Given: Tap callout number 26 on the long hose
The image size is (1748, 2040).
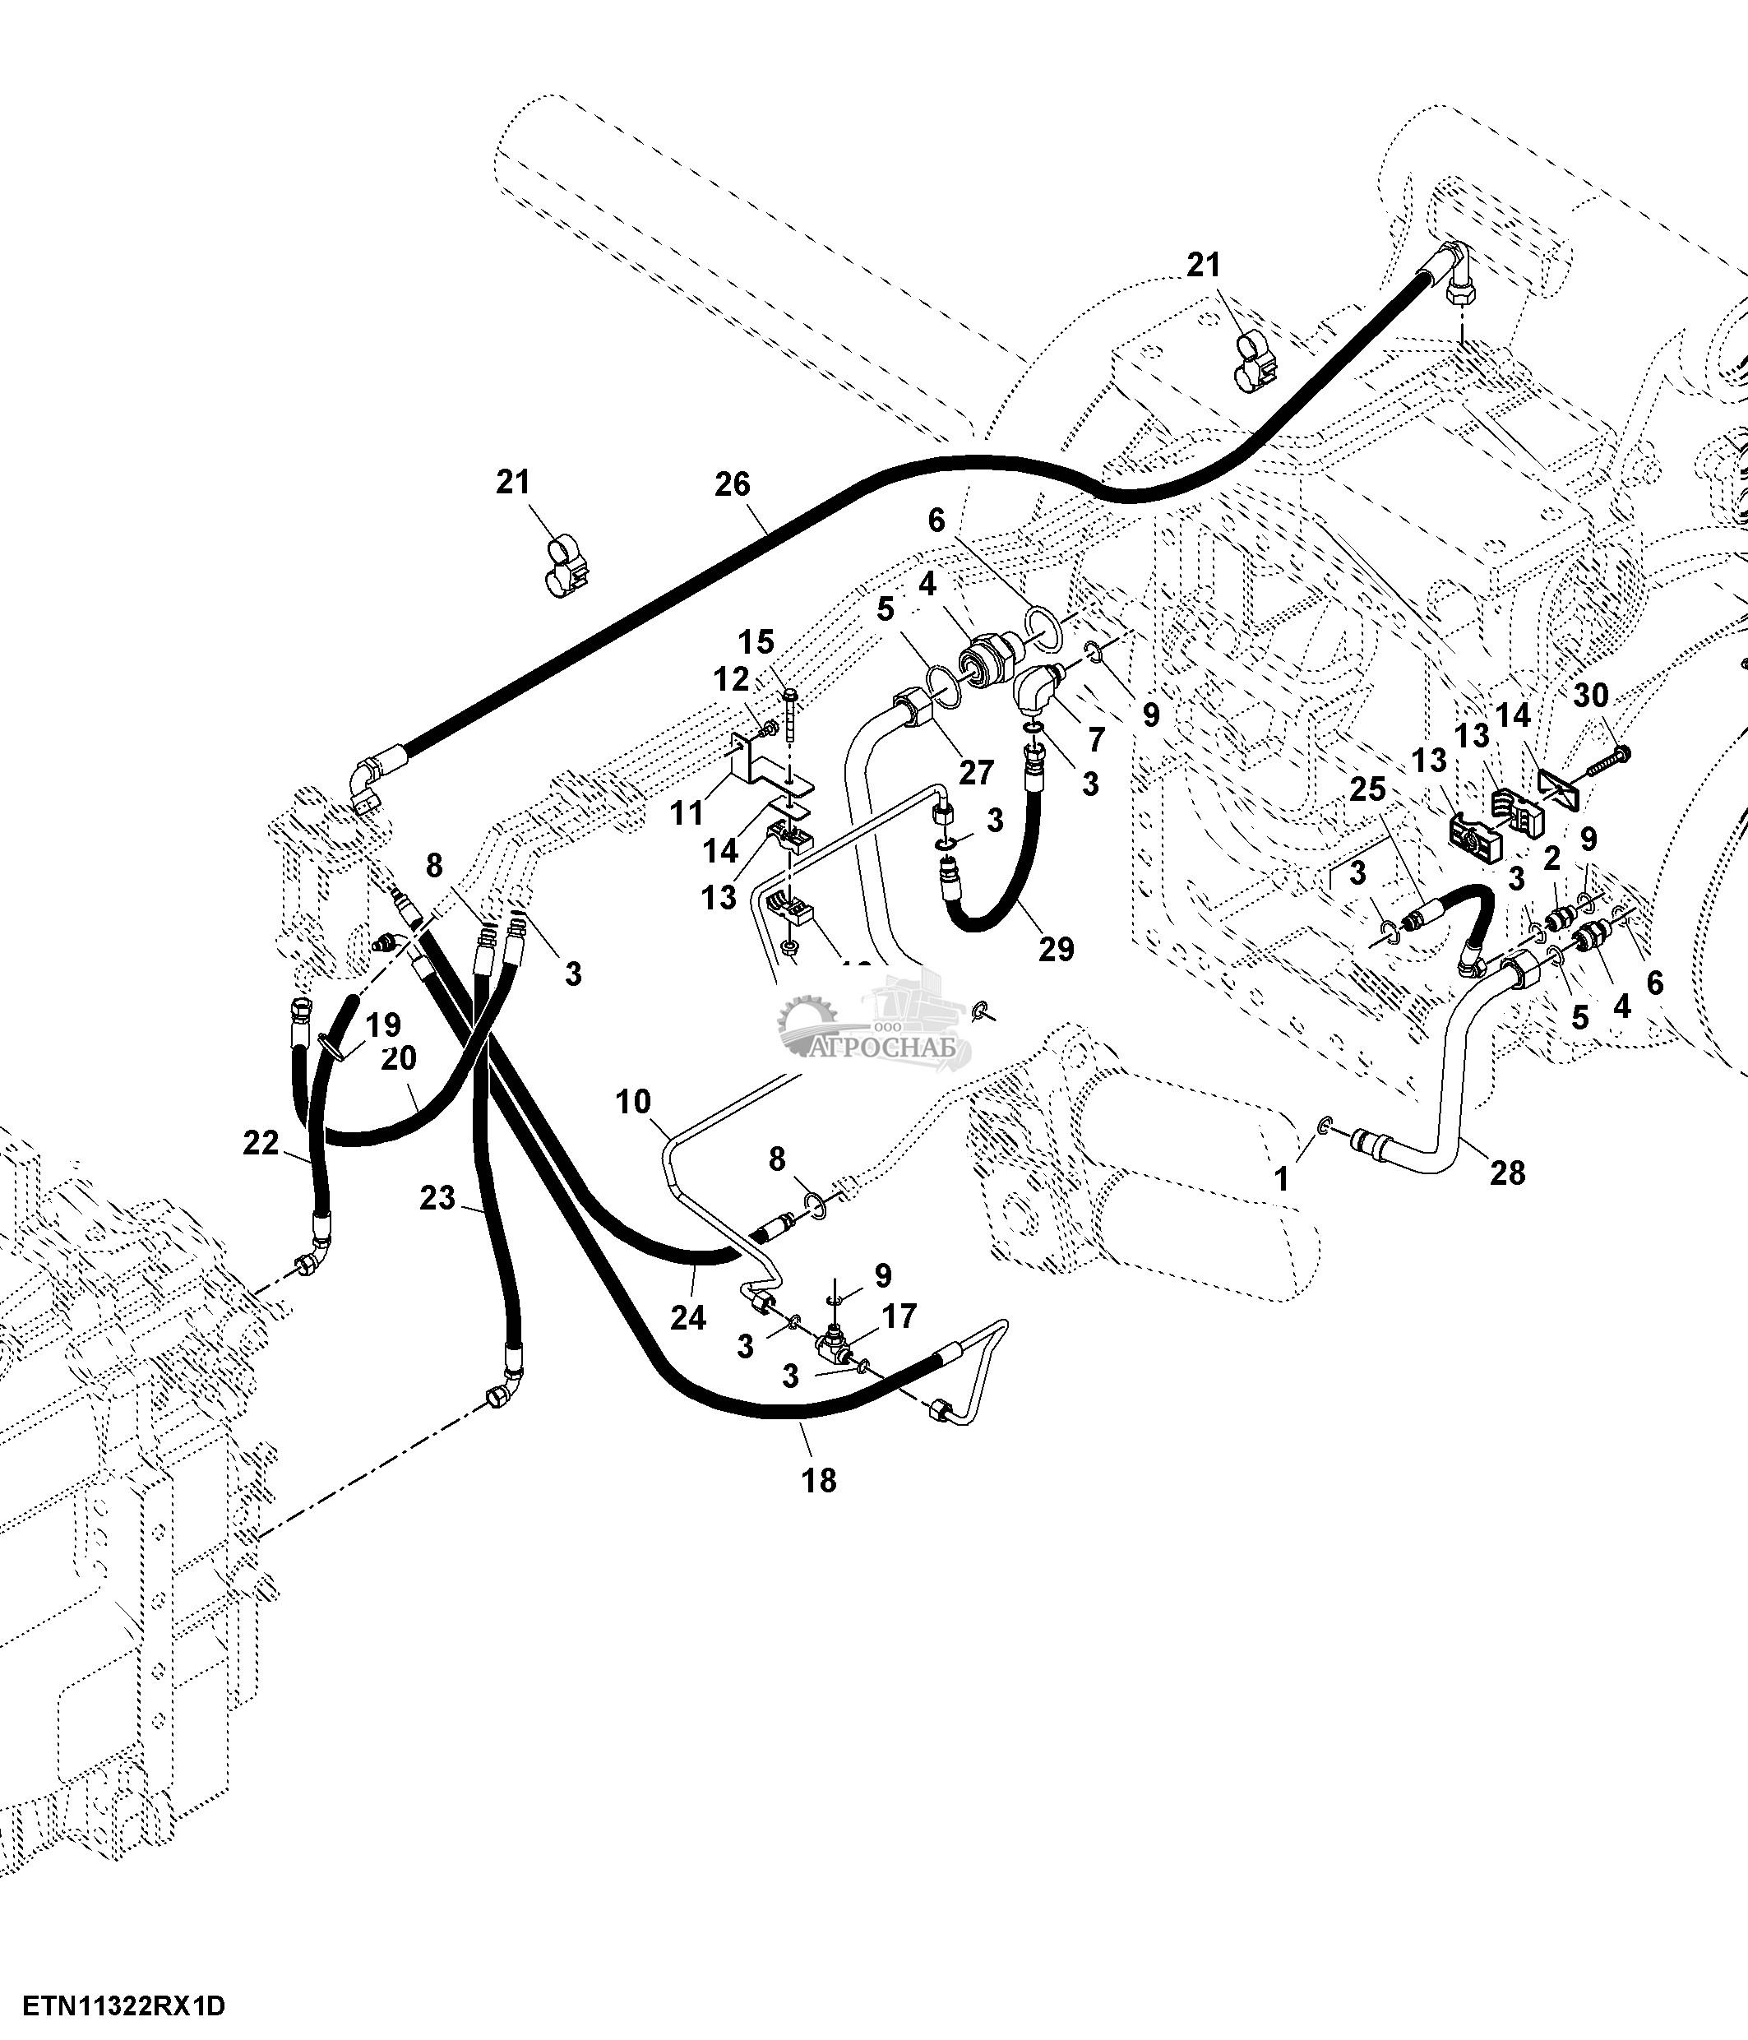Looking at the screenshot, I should coord(733,484).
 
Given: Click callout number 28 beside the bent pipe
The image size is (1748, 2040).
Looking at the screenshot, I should coord(1507,1173).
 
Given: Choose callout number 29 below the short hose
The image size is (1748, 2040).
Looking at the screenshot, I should coord(1055,949).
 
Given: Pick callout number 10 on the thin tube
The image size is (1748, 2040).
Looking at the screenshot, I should coord(634,1102).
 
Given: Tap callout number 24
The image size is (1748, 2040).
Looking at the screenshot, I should coord(688,1316).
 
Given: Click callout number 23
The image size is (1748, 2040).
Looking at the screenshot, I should coord(438,1197).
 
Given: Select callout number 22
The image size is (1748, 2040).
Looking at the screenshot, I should coord(261,1143).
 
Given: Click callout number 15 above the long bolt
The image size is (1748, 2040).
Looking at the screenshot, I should coord(757,642).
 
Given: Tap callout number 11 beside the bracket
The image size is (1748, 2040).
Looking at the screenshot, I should coord(687,812).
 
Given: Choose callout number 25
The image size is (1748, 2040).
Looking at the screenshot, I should coord(1367,789).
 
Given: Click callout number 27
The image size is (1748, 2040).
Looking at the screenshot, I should coord(976,773).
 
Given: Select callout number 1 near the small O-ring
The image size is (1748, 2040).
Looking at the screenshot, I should coord(1282,1178).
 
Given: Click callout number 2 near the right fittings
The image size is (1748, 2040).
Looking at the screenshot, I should coord(1552,859).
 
